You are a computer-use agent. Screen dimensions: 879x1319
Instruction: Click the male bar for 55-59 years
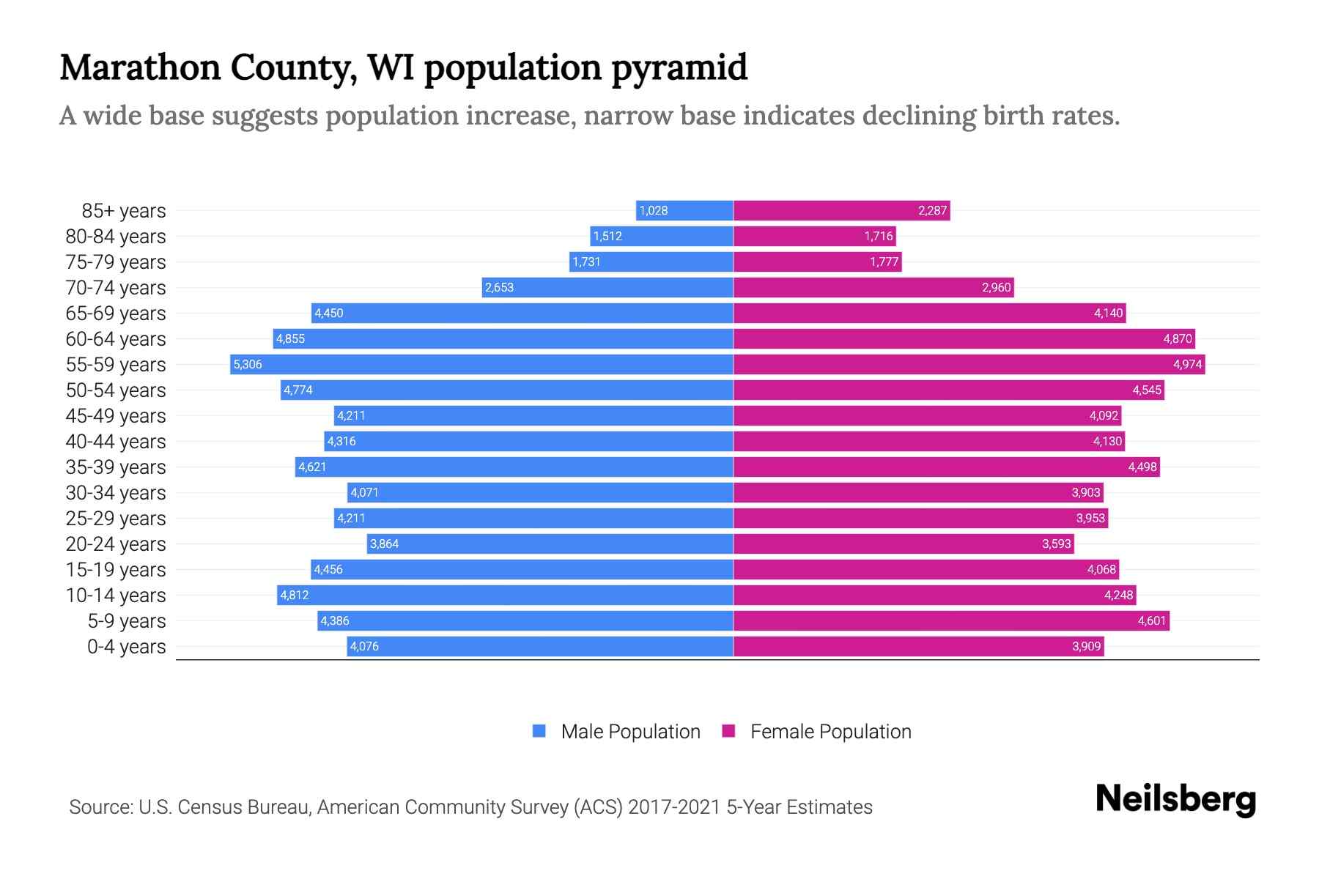pos(481,364)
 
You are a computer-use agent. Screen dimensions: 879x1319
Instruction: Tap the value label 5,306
pos(248,364)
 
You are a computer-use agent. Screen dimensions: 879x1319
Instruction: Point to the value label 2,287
pos(933,210)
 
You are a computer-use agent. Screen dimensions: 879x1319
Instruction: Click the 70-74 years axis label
pos(116,287)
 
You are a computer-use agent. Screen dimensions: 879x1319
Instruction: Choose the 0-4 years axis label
pos(126,646)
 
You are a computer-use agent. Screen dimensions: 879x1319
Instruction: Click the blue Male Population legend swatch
pos(539,731)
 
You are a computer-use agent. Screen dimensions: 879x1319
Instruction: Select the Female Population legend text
pos(830,731)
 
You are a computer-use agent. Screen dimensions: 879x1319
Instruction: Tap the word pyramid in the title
pos(679,67)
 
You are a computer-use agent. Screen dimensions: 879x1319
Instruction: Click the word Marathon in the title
pos(140,67)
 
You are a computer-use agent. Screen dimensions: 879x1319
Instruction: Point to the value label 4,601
pos(1151,620)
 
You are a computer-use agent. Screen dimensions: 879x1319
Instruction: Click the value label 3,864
pos(384,544)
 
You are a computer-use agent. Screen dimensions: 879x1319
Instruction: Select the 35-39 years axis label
pos(116,467)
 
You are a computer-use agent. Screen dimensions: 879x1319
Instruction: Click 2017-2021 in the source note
pos(674,806)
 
